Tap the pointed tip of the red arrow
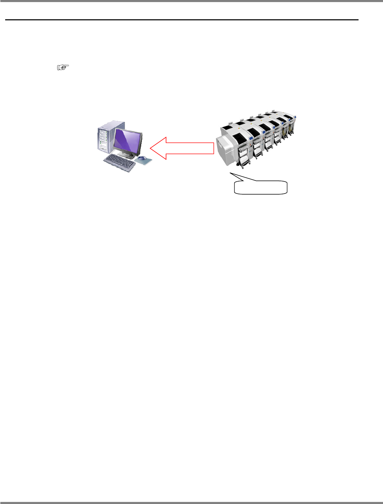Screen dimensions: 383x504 (151, 148)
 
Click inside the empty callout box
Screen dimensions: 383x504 (261, 187)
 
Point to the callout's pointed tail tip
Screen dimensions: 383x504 (230, 173)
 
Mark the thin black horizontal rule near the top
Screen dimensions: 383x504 (182, 20)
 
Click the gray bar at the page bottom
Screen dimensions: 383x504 (191, 503)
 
